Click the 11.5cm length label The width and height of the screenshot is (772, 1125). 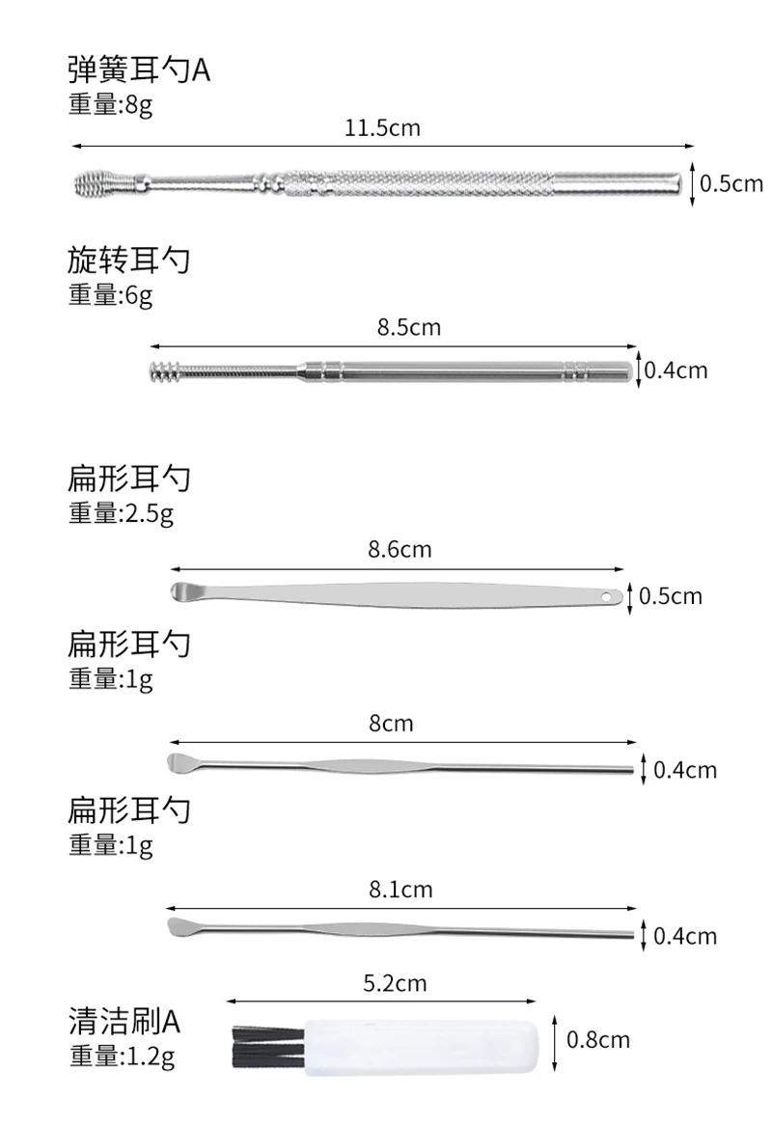pyautogui.click(x=383, y=127)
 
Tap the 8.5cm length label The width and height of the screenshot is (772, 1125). pyautogui.click(x=408, y=327)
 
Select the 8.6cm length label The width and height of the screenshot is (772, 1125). pyautogui.click(x=400, y=550)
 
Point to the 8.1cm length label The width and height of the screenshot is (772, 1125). pyautogui.click(x=400, y=890)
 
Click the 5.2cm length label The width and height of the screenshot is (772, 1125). pyautogui.click(x=395, y=984)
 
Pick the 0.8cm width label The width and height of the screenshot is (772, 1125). pyautogui.click(x=598, y=1039)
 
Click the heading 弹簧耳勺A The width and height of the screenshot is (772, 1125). pyautogui.click(x=138, y=70)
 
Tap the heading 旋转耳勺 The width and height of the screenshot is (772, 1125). pyautogui.click(x=128, y=261)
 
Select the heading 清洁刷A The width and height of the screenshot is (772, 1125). pyautogui.click(x=124, y=1020)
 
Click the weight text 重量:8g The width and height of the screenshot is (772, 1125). pyautogui.click(x=110, y=105)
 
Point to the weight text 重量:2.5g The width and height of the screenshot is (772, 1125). pyautogui.click(x=121, y=514)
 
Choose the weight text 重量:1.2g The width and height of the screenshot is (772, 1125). pyautogui.click(x=121, y=1058)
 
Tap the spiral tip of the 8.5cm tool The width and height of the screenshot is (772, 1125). pyautogui.click(x=169, y=370)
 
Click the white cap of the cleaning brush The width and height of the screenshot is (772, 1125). pyautogui.click(x=419, y=1048)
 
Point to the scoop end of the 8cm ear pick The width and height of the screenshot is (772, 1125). pyautogui.click(x=183, y=762)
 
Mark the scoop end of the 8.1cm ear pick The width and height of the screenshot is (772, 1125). pyautogui.click(x=182, y=928)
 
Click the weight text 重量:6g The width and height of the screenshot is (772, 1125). pyautogui.click(x=110, y=295)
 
